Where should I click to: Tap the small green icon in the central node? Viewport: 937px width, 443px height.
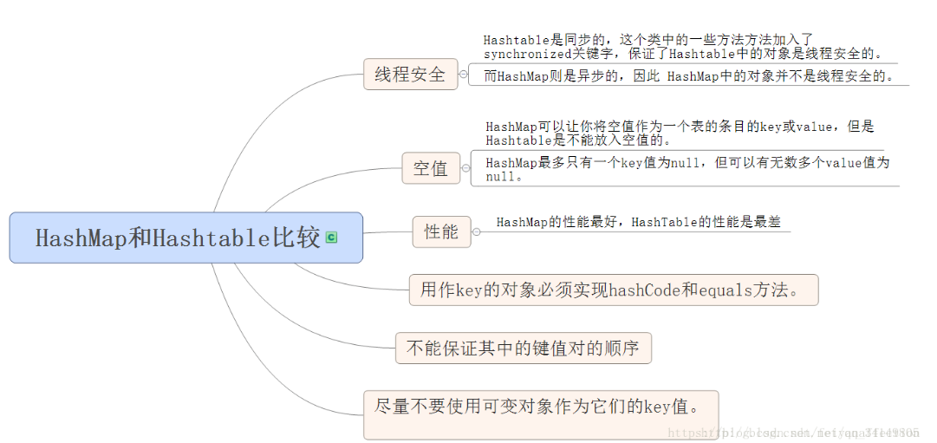point(331,238)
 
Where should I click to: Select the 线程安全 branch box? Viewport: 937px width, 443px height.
point(410,75)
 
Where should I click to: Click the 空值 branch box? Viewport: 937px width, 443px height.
point(431,167)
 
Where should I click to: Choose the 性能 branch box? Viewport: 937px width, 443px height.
point(441,231)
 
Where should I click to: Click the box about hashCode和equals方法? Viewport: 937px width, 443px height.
point(613,290)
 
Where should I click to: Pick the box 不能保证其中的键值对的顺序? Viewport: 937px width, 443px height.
point(523,349)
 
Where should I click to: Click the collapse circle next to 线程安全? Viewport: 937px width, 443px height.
point(463,75)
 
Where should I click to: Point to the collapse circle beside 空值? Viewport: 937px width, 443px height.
point(465,167)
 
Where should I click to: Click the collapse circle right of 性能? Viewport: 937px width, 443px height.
point(476,231)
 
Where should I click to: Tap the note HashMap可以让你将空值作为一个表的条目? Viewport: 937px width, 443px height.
point(680,133)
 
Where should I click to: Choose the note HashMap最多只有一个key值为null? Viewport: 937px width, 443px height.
point(686,168)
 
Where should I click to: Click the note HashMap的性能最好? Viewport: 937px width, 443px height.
point(638,222)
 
